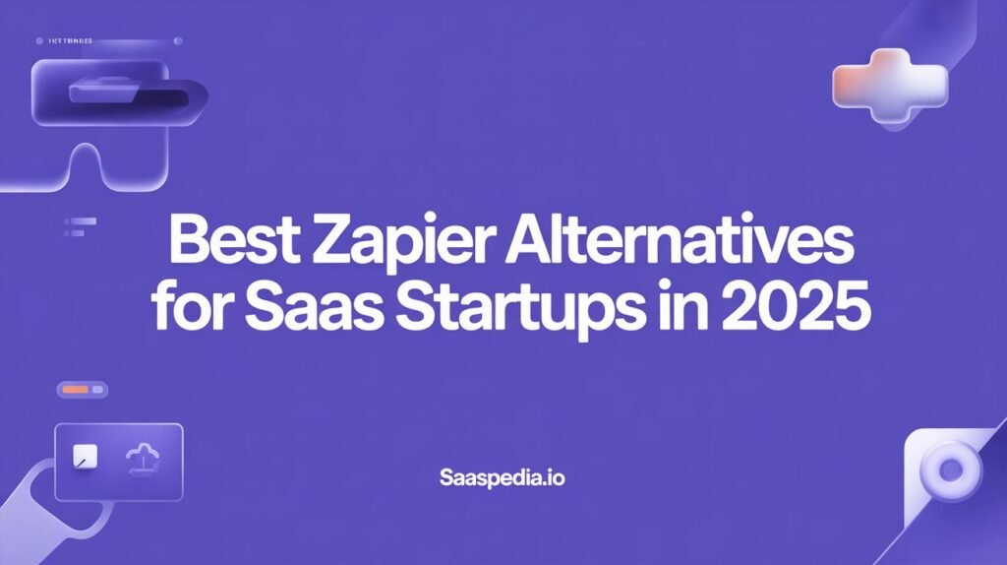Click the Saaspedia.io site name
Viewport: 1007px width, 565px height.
click(502, 479)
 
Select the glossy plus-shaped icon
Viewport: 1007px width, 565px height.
click(889, 88)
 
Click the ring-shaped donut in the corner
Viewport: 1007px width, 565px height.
click(950, 471)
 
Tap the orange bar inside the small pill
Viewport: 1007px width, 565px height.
click(75, 391)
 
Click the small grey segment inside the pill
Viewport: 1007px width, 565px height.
click(98, 391)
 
